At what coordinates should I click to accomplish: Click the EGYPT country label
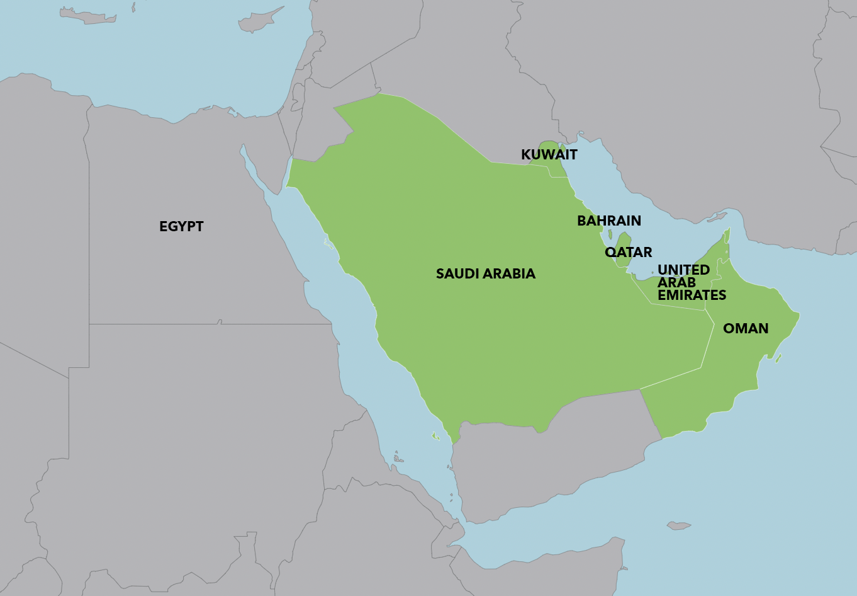[x=181, y=227]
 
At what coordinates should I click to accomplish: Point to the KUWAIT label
[x=549, y=154]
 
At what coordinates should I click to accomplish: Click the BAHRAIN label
[x=608, y=221]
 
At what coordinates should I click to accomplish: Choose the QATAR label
[x=628, y=252]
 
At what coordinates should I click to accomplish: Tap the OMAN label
[x=746, y=328]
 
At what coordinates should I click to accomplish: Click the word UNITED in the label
[x=683, y=270]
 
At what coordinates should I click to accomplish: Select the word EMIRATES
[x=692, y=295]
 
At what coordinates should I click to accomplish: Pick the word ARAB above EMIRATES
[x=676, y=282]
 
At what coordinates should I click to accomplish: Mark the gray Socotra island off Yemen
[x=678, y=525]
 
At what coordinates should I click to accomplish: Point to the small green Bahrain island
[x=610, y=235]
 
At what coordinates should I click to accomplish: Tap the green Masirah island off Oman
[x=778, y=358]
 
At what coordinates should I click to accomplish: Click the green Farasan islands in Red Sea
[x=434, y=435]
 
